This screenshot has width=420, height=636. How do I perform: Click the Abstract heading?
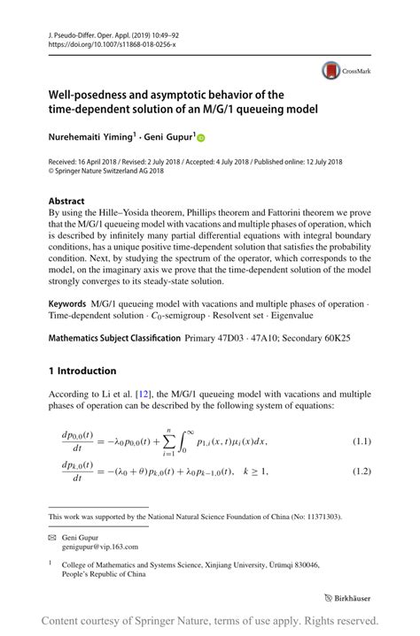coord(67,201)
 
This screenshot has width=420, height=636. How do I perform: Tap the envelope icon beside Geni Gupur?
coord(52,537)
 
